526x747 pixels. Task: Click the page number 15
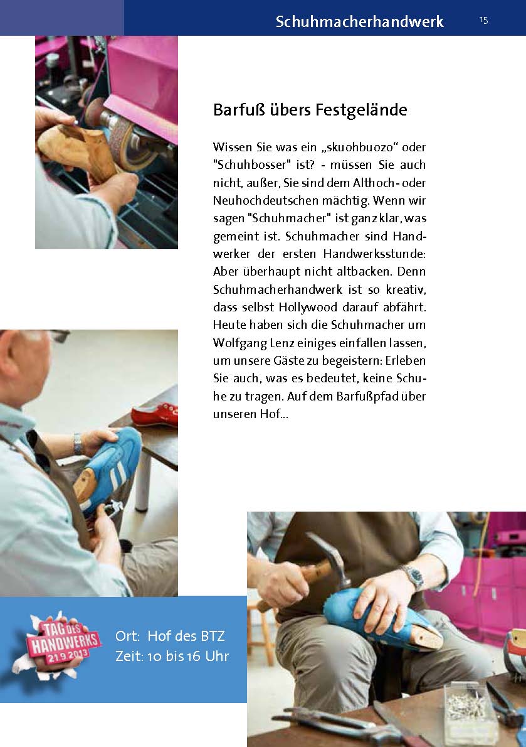(x=483, y=20)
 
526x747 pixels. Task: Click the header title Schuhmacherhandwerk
(x=359, y=21)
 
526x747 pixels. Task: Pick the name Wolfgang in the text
(x=239, y=343)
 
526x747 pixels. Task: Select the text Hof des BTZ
(x=186, y=636)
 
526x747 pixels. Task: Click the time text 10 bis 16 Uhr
(x=188, y=657)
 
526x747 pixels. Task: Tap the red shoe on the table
(x=154, y=414)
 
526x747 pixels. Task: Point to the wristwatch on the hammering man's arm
(x=411, y=576)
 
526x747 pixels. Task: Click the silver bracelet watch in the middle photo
(x=78, y=444)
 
